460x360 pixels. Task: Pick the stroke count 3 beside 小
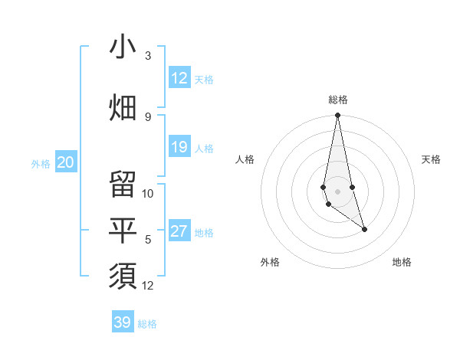point(148,56)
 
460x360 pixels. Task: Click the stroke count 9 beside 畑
point(148,117)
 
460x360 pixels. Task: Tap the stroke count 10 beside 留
point(148,193)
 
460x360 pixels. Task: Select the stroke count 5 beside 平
point(148,240)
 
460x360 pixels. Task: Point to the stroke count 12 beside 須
point(148,286)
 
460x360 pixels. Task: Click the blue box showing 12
point(179,78)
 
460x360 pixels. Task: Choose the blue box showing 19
point(179,147)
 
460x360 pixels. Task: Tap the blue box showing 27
point(179,231)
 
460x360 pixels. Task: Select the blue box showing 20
point(66,162)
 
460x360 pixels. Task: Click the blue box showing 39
point(123,322)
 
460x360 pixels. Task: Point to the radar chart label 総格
point(338,100)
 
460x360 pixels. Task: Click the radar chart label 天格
point(432,159)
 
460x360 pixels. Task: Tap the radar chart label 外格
point(270,262)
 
